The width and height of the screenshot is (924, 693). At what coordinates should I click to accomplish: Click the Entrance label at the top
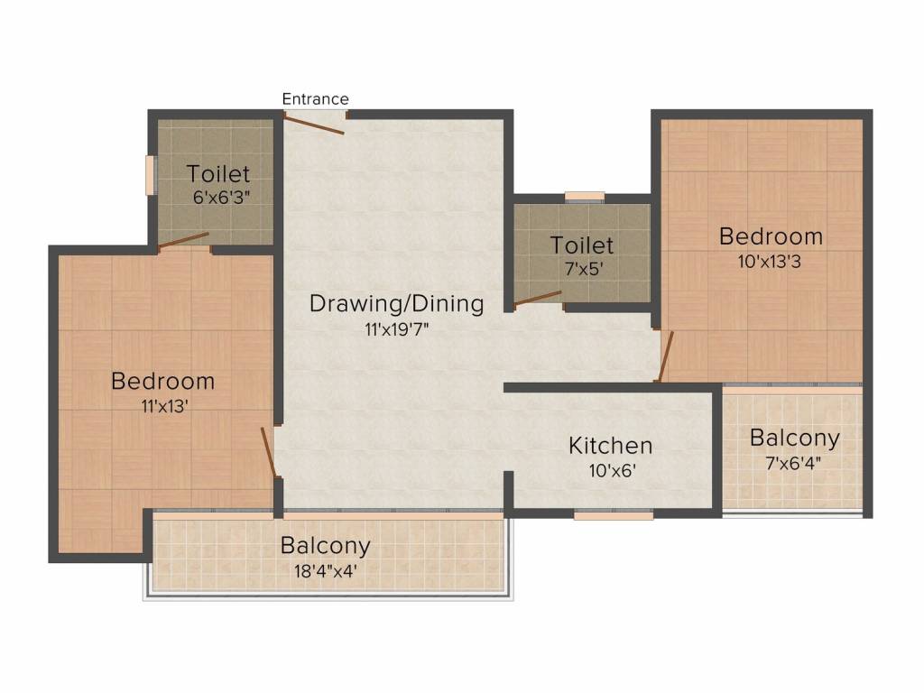315,99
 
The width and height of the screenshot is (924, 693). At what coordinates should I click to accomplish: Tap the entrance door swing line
314,124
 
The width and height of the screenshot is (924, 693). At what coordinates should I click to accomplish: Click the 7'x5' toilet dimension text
582,267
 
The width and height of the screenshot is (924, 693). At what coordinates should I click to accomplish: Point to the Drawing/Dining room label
396,303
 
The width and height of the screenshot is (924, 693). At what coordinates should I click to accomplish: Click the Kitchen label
610,445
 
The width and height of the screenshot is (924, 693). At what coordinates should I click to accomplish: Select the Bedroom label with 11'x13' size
162,381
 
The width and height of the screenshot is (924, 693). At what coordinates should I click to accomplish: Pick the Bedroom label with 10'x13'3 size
771,236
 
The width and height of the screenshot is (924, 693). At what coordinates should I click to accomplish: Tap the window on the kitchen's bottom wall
614,515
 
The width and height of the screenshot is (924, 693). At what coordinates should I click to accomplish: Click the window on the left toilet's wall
152,175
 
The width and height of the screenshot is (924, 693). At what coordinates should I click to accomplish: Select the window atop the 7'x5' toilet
584,196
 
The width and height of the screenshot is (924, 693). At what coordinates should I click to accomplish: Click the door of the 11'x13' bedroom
268,451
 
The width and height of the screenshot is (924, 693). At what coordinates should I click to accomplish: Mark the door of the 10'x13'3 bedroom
667,356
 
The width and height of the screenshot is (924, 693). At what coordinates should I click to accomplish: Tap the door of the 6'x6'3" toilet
183,239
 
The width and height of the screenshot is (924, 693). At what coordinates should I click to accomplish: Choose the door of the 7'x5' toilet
538,299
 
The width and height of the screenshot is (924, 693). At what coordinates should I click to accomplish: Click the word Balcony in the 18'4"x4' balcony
325,546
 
